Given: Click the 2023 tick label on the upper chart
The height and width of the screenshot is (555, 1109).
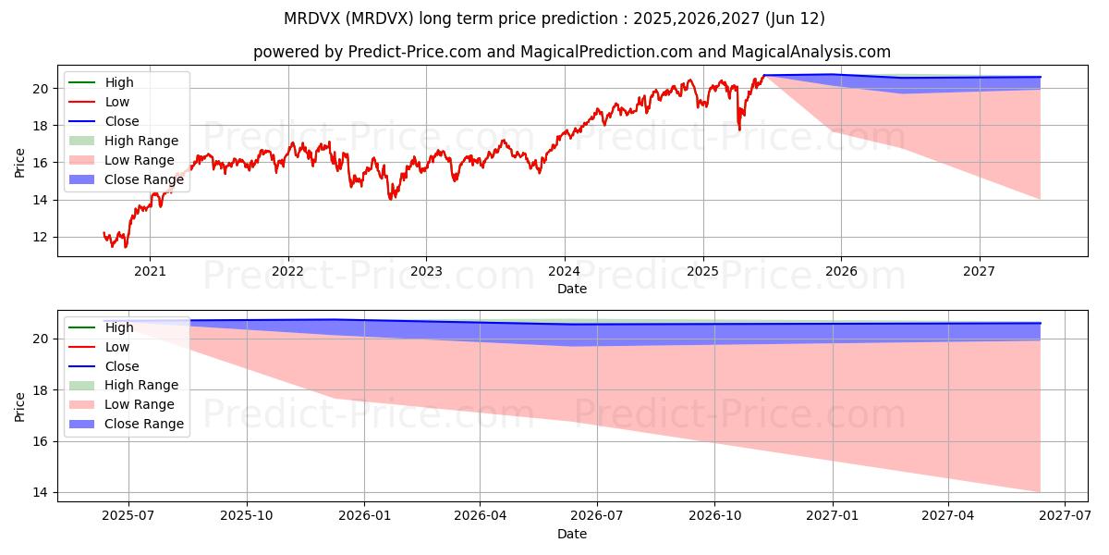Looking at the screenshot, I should (x=426, y=271).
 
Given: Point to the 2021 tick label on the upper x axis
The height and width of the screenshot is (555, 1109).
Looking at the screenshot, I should (x=150, y=271).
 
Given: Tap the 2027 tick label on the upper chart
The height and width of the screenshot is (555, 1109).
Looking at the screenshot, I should (x=979, y=271).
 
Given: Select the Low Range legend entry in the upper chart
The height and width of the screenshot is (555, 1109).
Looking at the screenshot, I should (x=140, y=160).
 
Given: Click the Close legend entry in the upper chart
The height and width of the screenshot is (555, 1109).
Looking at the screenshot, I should (x=122, y=121).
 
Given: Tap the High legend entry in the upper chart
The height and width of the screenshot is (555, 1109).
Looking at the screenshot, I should (x=119, y=82).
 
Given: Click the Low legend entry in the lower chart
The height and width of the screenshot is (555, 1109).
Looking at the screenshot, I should (x=117, y=346).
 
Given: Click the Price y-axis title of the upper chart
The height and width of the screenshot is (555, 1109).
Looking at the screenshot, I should (x=20, y=163).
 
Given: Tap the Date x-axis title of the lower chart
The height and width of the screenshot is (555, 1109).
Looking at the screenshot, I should (x=572, y=534).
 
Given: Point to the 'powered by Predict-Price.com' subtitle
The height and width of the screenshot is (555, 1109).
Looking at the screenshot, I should (x=572, y=52).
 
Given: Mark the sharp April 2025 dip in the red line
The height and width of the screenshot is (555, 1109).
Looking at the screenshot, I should (x=738, y=129).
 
